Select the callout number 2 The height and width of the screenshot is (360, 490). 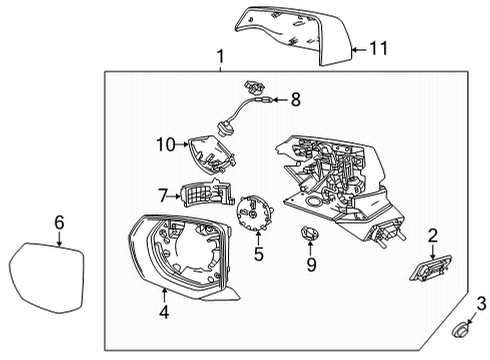click(x=432, y=235)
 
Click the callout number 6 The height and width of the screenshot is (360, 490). click(x=59, y=223)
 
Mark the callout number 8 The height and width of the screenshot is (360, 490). click(x=295, y=99)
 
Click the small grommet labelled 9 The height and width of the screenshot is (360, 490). click(x=308, y=236)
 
